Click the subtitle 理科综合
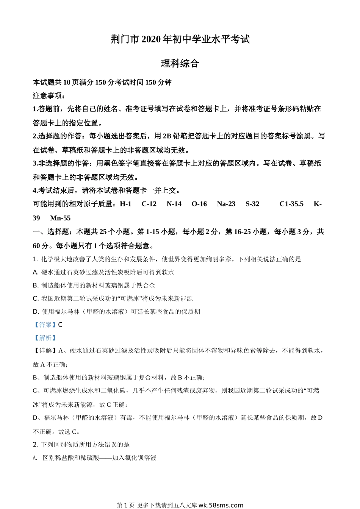(x=180, y=64)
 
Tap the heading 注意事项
(x=49, y=95)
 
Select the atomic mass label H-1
(x=125, y=204)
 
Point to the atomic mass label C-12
(x=149, y=204)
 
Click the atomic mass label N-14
(x=174, y=204)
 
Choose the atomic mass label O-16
(x=199, y=204)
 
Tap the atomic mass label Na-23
(x=226, y=204)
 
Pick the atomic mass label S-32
(x=252, y=204)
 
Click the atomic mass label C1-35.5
(x=291, y=204)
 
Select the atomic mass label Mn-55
(x=60, y=218)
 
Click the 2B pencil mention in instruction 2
(x=167, y=136)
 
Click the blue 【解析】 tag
(x=45, y=338)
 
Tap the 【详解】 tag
(x=45, y=351)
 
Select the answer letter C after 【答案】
(x=60, y=325)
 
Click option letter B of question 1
(x=35, y=286)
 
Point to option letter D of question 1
(x=36, y=312)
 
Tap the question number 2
(x=35, y=445)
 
